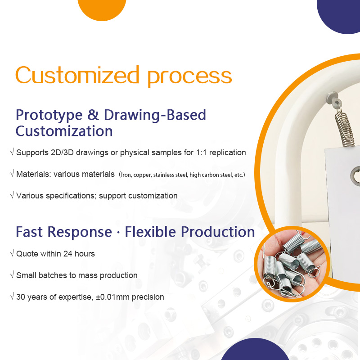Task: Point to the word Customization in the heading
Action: (64, 131)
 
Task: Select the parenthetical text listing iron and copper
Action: (182, 175)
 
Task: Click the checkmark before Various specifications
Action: (12, 196)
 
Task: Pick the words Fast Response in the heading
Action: (63, 232)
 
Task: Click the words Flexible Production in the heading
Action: (190, 232)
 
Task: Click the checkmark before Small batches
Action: (12, 275)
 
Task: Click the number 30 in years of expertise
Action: (21, 297)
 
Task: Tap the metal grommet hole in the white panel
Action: (355, 175)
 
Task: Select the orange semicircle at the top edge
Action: (102, 9)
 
